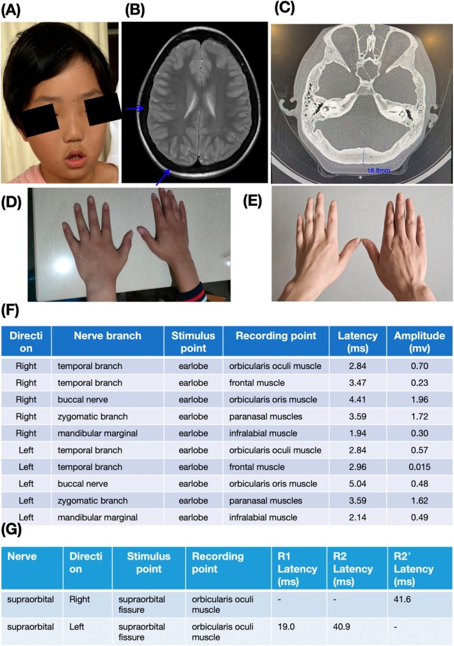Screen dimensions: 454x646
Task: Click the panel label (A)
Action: pyautogui.click(x=13, y=12)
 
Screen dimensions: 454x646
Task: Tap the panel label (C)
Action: pyautogui.click(x=286, y=8)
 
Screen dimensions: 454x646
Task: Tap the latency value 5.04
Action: pyautogui.click(x=353, y=492)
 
